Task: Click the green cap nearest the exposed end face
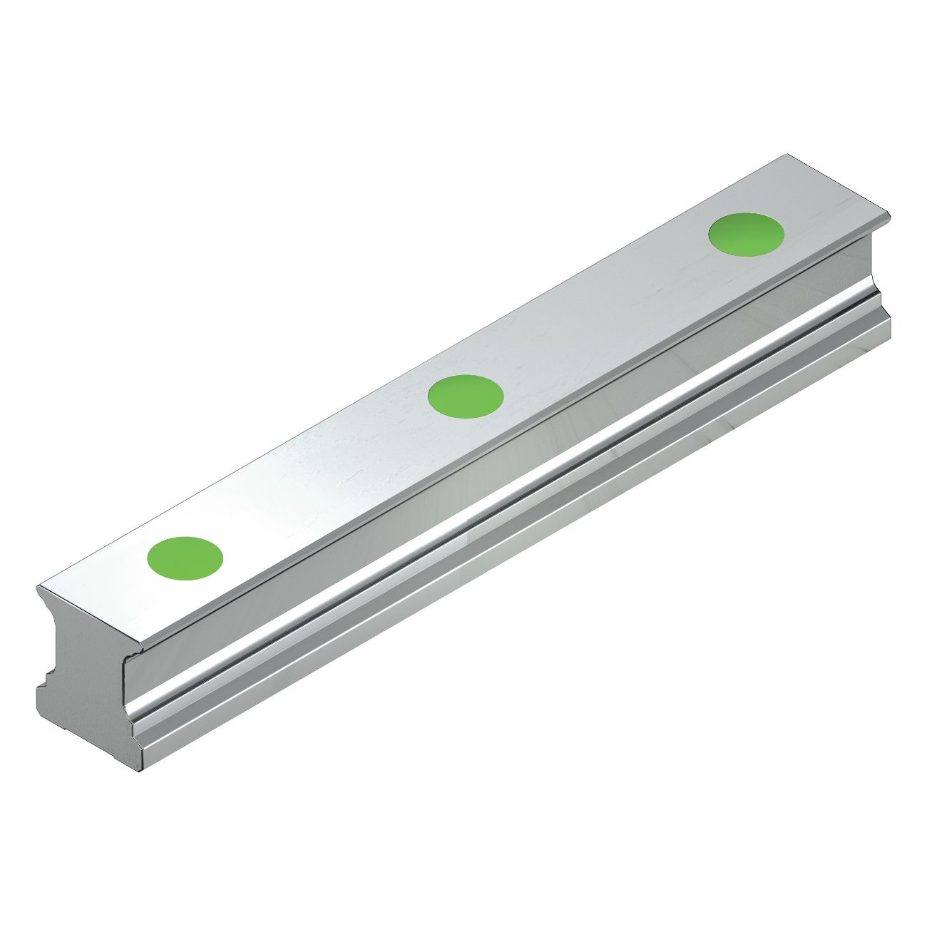[185, 557]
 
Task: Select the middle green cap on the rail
[466, 395]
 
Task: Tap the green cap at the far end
[746, 233]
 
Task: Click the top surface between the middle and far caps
[606, 314]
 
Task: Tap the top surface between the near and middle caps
[325, 476]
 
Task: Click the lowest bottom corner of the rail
[140, 772]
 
